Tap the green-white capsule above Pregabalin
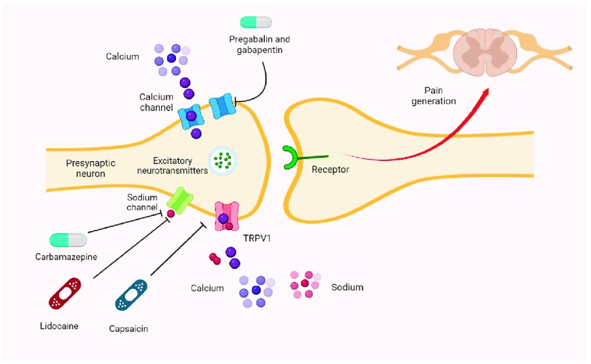point(256,22)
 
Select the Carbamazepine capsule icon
point(68,240)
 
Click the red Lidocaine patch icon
point(65,293)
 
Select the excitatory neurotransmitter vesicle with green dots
point(223,160)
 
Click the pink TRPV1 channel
point(227,217)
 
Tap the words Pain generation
point(439,96)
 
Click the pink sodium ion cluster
point(305,283)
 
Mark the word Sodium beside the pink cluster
point(347,286)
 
